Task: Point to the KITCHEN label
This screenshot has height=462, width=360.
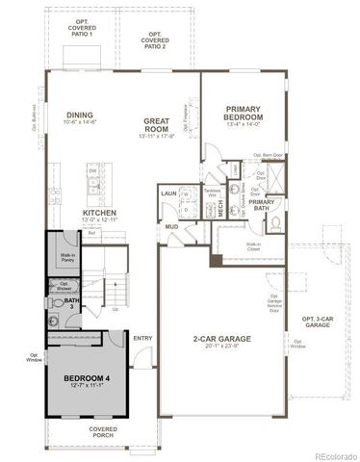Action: pyautogui.click(x=99, y=213)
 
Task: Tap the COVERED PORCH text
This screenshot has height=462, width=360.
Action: pyautogui.click(x=103, y=432)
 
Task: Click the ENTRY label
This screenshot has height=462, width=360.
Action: pyautogui.click(x=142, y=338)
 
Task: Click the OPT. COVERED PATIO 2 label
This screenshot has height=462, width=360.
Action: pyautogui.click(x=153, y=39)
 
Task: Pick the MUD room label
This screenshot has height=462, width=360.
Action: pyautogui.click(x=170, y=228)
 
